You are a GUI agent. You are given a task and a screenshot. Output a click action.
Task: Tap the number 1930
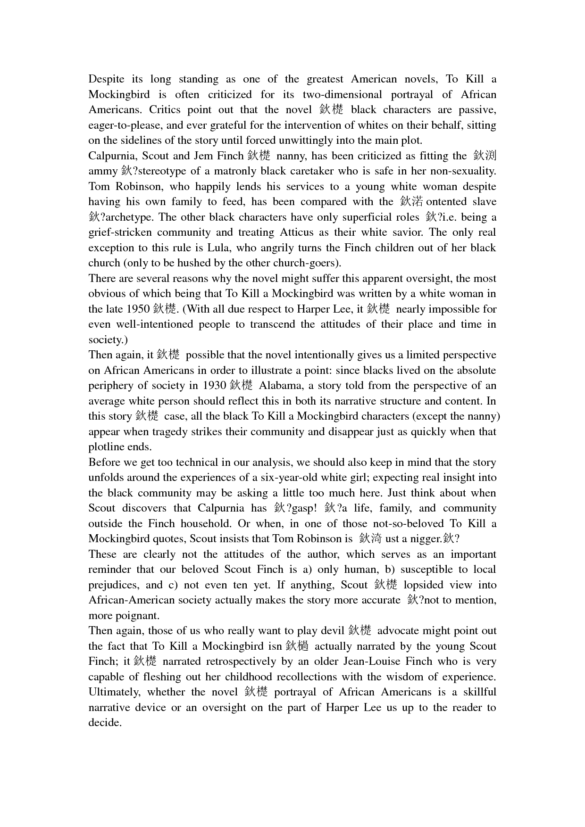pyautogui.click(x=215, y=386)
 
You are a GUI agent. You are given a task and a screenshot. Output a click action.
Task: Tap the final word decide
pyautogui.click(x=105, y=723)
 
